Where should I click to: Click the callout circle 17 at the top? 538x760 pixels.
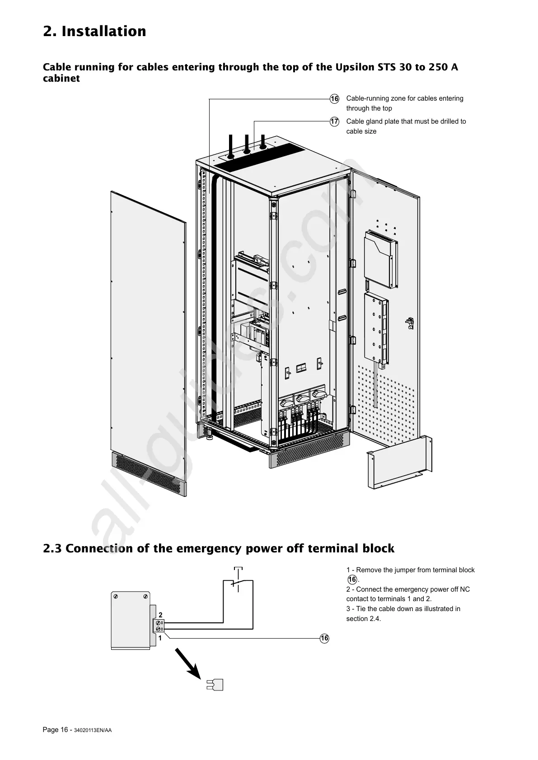[x=334, y=122]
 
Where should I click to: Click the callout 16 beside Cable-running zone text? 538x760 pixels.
[x=334, y=99]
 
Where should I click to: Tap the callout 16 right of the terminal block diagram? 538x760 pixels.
[x=324, y=638]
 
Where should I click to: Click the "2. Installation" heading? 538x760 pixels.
[x=94, y=32]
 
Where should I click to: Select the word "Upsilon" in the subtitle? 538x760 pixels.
[x=356, y=67]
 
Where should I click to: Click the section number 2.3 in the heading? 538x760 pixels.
[x=53, y=548]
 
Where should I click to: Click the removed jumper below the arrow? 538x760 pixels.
[x=215, y=685]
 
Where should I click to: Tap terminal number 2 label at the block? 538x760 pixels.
[x=160, y=615]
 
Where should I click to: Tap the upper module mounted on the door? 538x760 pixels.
[x=380, y=259]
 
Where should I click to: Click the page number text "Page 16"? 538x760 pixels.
[x=55, y=730]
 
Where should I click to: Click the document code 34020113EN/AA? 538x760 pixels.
[x=93, y=731]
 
